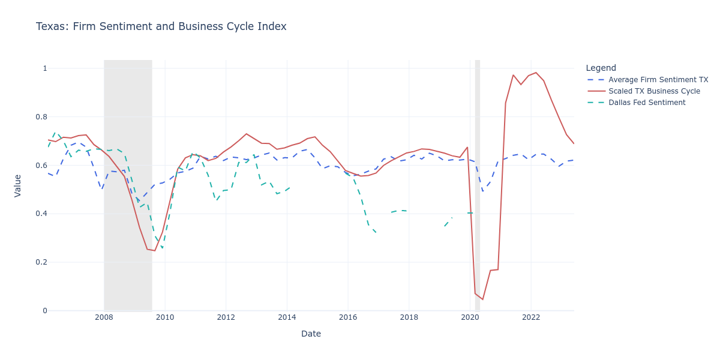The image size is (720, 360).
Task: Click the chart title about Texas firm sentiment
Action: pyautogui.click(x=161, y=26)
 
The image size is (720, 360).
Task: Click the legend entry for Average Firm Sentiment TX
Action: pyautogui.click(x=658, y=80)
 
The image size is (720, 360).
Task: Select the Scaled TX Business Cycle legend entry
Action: pyautogui.click(x=654, y=91)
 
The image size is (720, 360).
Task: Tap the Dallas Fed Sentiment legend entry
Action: pyautogui.click(x=646, y=103)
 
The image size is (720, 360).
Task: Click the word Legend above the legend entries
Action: pyautogui.click(x=601, y=68)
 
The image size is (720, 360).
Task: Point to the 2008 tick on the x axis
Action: pyautogui.click(x=104, y=317)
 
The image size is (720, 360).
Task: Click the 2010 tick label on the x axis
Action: pyautogui.click(x=165, y=317)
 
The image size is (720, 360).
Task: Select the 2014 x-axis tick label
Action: pyautogui.click(x=287, y=317)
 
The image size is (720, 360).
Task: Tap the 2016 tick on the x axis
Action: pyautogui.click(x=348, y=317)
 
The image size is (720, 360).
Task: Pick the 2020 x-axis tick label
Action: pyautogui.click(x=470, y=317)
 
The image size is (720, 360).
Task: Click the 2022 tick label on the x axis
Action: pyautogui.click(x=531, y=317)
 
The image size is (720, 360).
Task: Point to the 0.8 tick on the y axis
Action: pyautogui.click(x=41, y=117)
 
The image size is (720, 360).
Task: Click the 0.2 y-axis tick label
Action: pyautogui.click(x=41, y=262)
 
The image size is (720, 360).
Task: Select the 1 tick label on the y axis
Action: pyautogui.click(x=44, y=68)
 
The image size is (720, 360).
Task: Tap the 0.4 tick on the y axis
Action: pyautogui.click(x=41, y=214)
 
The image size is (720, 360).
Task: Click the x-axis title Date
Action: pyautogui.click(x=311, y=334)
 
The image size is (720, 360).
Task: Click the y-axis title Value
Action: pyautogui.click(x=17, y=185)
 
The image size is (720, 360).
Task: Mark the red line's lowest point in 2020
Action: pyautogui.click(x=482, y=299)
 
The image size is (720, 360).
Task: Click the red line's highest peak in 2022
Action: pyautogui.click(x=536, y=73)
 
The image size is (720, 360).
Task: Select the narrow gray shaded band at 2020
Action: pyautogui.click(x=478, y=180)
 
